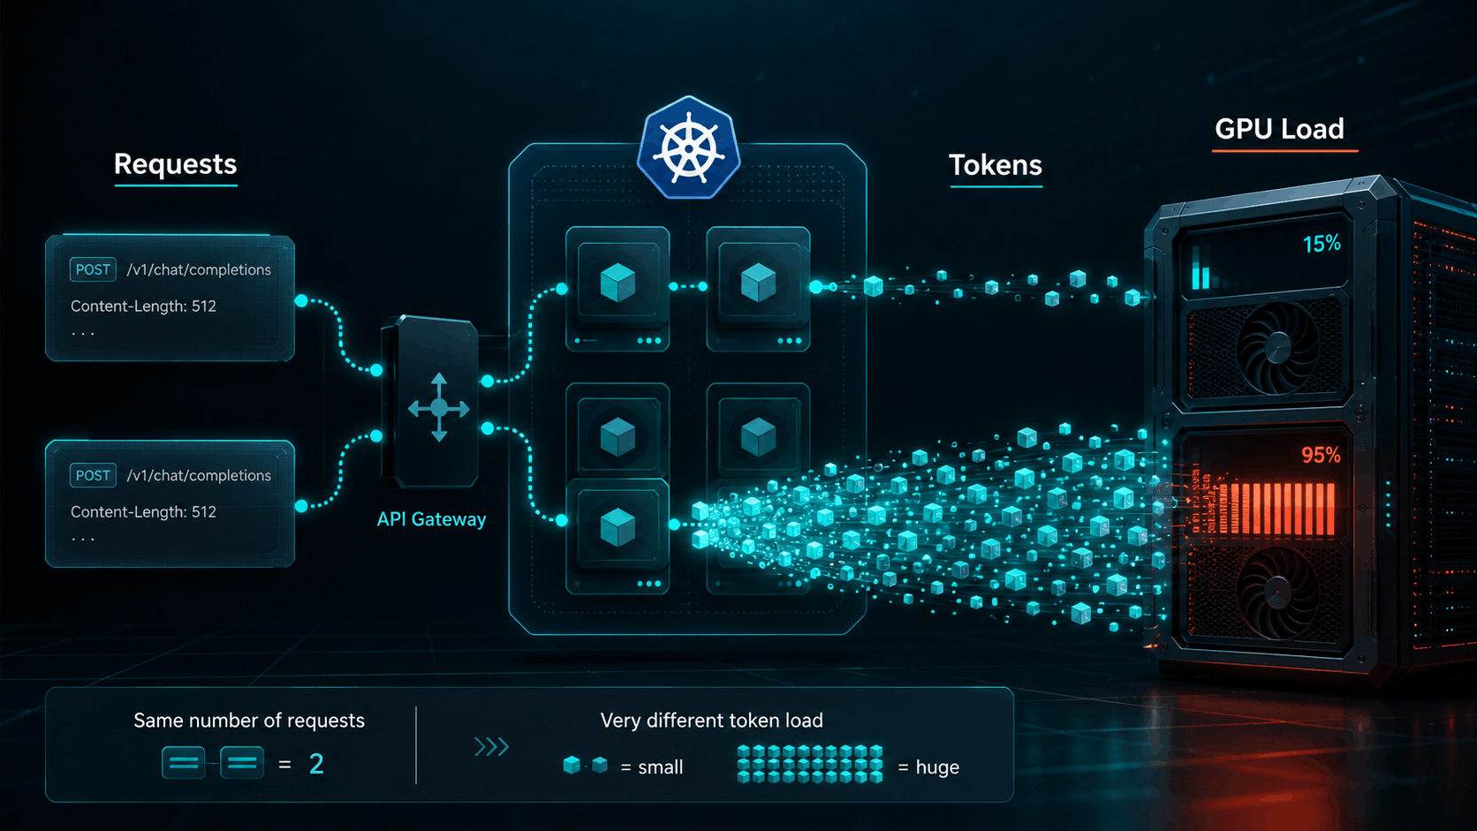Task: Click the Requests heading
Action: tap(175, 164)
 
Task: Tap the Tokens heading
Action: tap(995, 165)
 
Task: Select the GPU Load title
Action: tap(1279, 129)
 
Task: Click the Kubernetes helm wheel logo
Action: tap(688, 148)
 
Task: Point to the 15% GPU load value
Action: tap(1322, 245)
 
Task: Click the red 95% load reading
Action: tap(1321, 456)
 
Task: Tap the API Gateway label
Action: tap(431, 519)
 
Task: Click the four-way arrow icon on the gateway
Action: tap(439, 408)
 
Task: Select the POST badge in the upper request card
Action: tap(92, 269)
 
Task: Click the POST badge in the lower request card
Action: tap(92, 475)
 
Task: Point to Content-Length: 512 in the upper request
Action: tap(143, 306)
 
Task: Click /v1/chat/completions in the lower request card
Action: tap(199, 475)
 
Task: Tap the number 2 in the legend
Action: tap(316, 764)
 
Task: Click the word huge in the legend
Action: tap(937, 767)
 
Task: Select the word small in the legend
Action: tap(661, 767)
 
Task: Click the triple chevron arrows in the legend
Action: tap(492, 746)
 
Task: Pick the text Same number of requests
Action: tap(249, 721)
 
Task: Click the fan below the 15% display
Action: tap(1278, 347)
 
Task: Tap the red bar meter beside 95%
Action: tap(1276, 509)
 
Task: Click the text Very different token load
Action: tap(711, 721)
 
